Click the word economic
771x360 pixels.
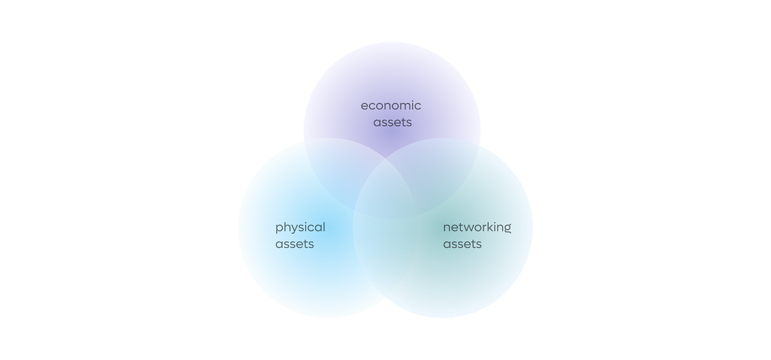click(391, 105)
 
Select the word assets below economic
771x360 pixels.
click(393, 122)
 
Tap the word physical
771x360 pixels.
click(300, 228)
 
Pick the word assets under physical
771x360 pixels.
click(295, 244)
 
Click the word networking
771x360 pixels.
click(477, 228)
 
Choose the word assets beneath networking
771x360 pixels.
click(462, 244)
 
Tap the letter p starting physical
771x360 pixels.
click(279, 229)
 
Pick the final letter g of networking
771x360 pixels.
click(507, 229)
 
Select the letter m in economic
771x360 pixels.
click(405, 106)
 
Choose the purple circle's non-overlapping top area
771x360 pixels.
click(392, 69)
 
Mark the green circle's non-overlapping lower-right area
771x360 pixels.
click(489, 276)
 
